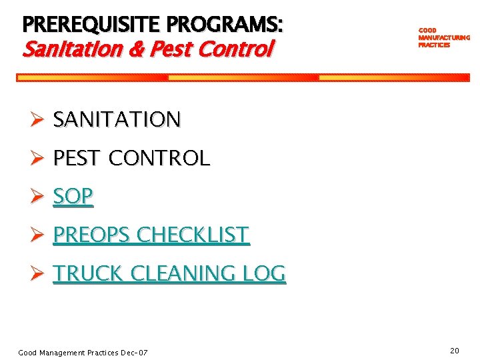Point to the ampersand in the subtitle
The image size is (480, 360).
[x=145, y=49]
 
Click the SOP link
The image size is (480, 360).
[x=73, y=196]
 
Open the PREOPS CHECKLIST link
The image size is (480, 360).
[x=151, y=235]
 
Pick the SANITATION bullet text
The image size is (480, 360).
[x=117, y=119]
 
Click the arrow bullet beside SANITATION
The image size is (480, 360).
[x=38, y=120]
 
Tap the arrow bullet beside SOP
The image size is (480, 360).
[x=38, y=197]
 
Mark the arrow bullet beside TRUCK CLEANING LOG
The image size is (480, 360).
[x=38, y=274]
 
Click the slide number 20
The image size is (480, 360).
[x=455, y=351]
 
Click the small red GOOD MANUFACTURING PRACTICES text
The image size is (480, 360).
[x=443, y=38]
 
